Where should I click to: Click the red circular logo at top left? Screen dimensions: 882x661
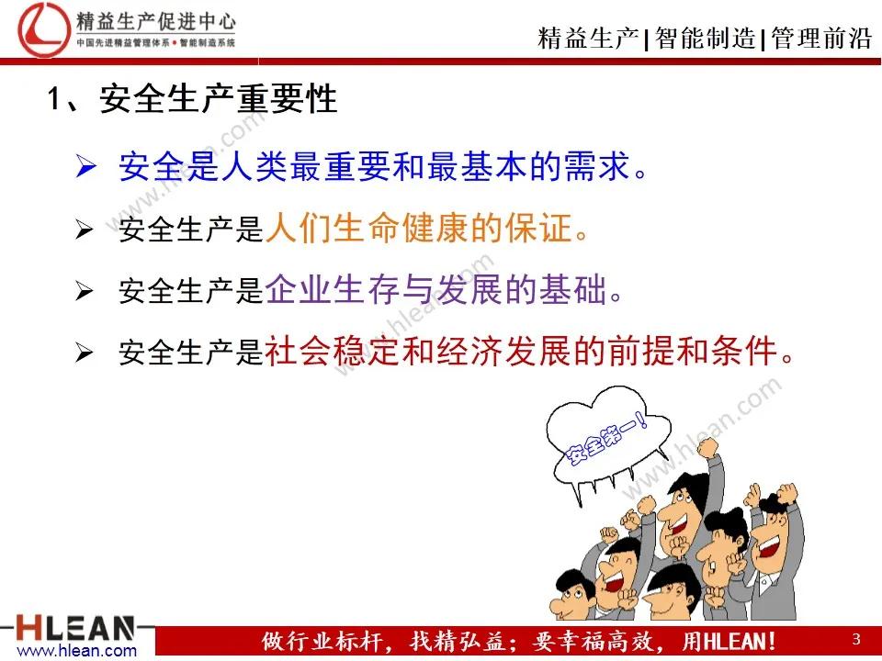[x=44, y=29]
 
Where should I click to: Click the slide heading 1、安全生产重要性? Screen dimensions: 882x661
[x=192, y=99]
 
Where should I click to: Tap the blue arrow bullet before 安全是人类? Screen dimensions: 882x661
[x=85, y=167]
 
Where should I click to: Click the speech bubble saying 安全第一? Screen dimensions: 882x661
[x=606, y=439]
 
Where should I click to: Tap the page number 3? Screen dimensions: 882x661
[x=856, y=639]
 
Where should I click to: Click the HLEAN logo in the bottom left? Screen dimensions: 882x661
[x=76, y=628]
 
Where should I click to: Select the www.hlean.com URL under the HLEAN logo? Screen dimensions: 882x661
[x=77, y=651]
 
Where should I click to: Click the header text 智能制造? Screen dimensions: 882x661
[x=705, y=39]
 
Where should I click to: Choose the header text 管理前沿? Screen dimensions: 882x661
[x=821, y=39]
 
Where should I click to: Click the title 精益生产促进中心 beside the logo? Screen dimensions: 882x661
[x=156, y=22]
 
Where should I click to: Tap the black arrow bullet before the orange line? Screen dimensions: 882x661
[x=85, y=230]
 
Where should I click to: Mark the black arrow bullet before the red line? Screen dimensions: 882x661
[x=85, y=353]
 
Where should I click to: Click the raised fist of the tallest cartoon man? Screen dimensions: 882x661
[x=707, y=447]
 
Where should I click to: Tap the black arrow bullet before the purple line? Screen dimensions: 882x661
[x=85, y=291]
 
